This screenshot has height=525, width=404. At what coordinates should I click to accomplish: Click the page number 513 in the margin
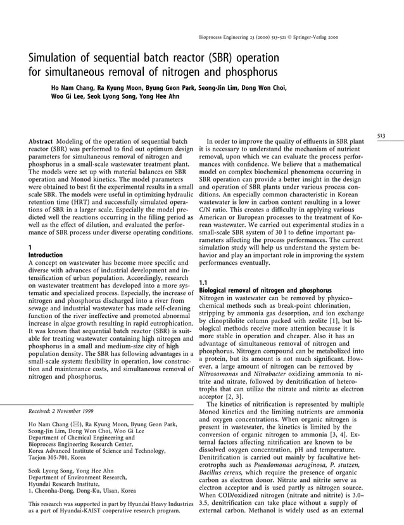[381, 134]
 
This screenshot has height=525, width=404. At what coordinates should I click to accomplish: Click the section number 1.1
[204, 282]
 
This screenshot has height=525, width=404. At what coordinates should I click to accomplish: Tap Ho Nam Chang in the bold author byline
[73, 88]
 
